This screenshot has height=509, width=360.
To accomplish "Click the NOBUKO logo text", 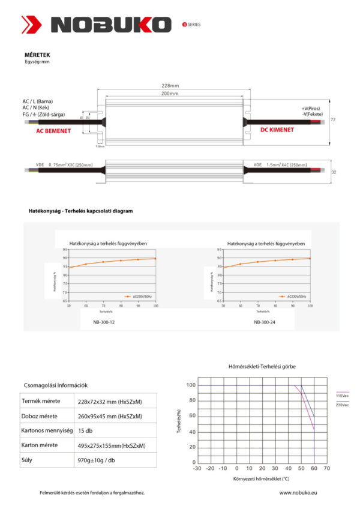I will click(x=111, y=24).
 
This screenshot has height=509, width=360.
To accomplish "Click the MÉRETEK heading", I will click(x=37, y=54).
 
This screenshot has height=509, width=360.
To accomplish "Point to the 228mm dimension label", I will click(x=170, y=85).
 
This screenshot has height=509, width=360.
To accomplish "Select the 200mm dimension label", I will click(x=170, y=94).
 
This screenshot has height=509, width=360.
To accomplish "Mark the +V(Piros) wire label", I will click(x=311, y=108).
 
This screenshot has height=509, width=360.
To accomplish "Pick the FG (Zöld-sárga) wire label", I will click(x=44, y=114).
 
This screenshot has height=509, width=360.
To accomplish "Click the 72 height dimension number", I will click(x=333, y=120).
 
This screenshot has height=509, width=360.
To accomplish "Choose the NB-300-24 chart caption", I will click(x=265, y=322).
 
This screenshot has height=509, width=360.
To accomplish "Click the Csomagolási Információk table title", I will click(x=61, y=385).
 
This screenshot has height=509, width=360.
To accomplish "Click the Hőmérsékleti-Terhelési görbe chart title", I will click(x=262, y=366).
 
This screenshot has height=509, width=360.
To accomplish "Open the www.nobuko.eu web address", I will click(x=298, y=492).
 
